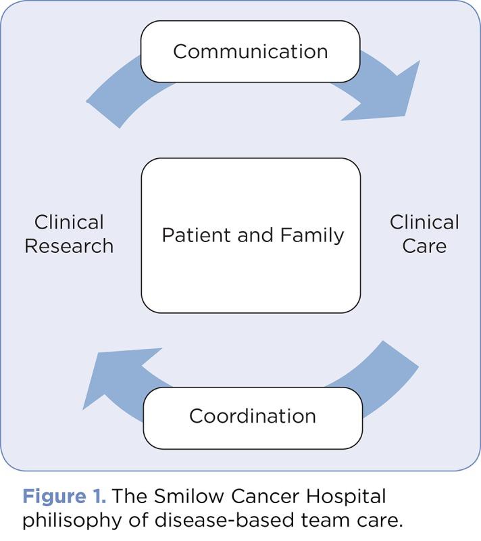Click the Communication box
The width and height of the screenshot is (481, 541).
250,52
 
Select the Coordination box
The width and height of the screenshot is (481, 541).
252,417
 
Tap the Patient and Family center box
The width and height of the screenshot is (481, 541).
251,235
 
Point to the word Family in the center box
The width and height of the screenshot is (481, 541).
313,235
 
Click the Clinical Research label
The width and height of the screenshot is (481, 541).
69,234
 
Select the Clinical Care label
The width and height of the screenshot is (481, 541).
424,234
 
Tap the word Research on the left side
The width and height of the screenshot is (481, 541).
69,246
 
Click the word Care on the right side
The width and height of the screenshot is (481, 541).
424,246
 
